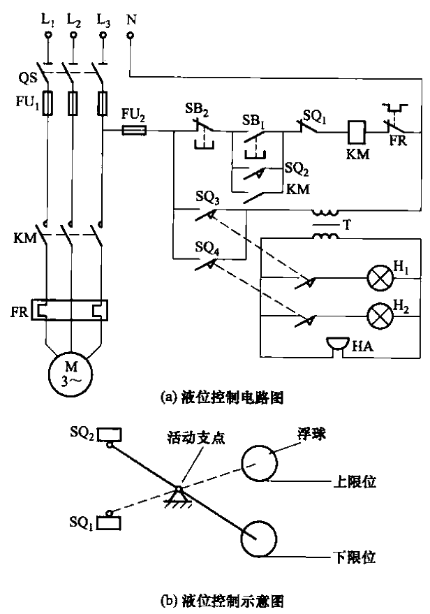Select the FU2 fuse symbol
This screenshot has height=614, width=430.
click(133, 130)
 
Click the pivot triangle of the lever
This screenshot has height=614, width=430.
click(179, 495)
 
